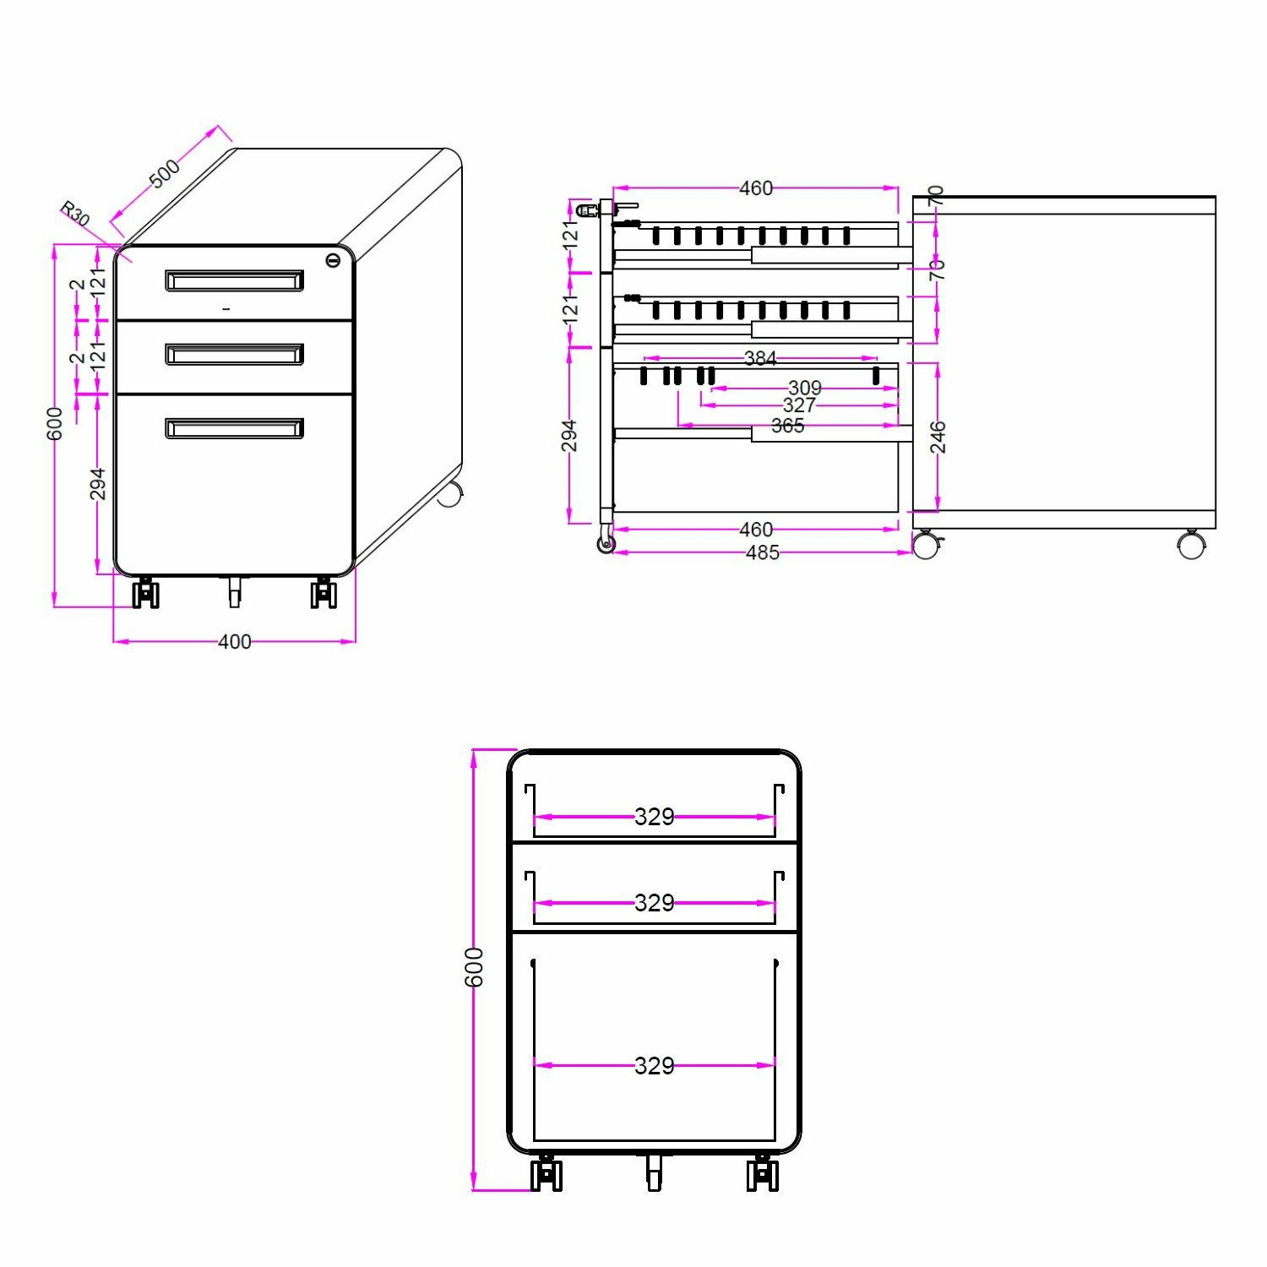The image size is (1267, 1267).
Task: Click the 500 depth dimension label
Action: click(x=165, y=173)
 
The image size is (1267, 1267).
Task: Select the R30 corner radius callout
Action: click(x=74, y=215)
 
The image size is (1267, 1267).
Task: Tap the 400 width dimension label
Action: click(x=234, y=642)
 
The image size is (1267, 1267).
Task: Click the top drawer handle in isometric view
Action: click(x=234, y=280)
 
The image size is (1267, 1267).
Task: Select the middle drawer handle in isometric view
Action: click(x=234, y=354)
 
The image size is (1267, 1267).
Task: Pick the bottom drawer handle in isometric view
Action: click(x=234, y=428)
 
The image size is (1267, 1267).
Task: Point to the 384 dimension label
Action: click(x=759, y=358)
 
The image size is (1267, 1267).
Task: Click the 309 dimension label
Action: click(x=804, y=388)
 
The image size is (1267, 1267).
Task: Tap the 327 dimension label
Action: click(x=799, y=405)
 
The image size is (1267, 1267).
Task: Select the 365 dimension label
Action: click(x=787, y=426)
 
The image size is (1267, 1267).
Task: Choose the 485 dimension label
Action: click(x=762, y=552)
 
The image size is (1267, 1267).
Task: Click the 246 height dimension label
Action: click(x=938, y=437)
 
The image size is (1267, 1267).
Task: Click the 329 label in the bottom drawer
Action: click(x=655, y=1065)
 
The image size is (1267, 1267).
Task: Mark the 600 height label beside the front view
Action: click(x=475, y=967)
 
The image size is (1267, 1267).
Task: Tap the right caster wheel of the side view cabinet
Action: click(x=1192, y=545)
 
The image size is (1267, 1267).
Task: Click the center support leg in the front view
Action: click(x=654, y=1172)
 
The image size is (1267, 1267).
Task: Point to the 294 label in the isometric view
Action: click(x=98, y=484)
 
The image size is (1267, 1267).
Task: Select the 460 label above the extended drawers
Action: click(x=755, y=188)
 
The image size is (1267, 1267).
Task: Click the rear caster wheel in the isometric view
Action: click(x=449, y=494)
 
